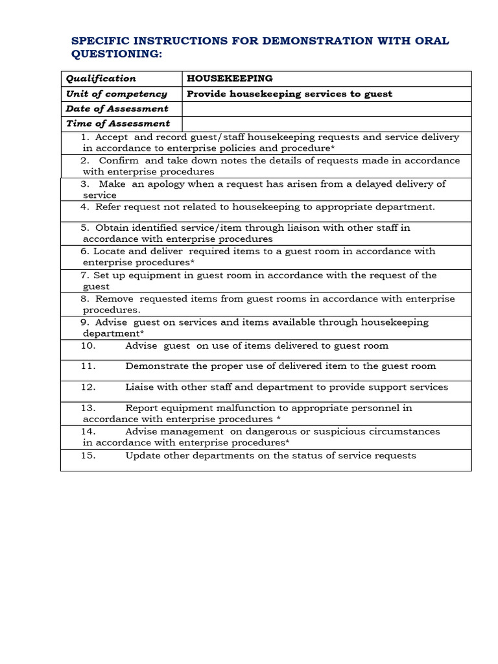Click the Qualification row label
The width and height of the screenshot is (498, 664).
(x=101, y=78)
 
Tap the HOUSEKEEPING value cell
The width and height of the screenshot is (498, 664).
(x=230, y=78)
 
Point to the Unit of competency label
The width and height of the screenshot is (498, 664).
(x=116, y=93)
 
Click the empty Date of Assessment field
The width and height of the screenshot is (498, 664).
(x=326, y=108)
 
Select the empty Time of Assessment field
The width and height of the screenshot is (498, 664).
(x=326, y=123)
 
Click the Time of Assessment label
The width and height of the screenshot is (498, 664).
(x=118, y=123)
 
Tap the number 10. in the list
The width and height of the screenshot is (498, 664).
(x=88, y=346)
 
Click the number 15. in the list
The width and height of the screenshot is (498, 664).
(x=88, y=455)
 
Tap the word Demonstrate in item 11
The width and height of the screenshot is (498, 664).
(x=156, y=366)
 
